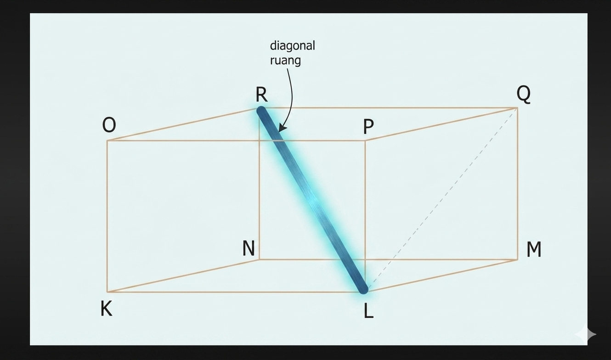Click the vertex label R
pyautogui.click(x=261, y=95)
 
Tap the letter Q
pyautogui.click(x=523, y=94)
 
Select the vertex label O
pyautogui.click(x=109, y=125)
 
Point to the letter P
pyautogui.click(x=368, y=127)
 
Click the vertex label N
pyautogui.click(x=249, y=248)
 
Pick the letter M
pyautogui.click(x=534, y=249)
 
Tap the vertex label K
pyautogui.click(x=106, y=309)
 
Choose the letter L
pyautogui.click(x=368, y=311)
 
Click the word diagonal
pyautogui.click(x=292, y=45)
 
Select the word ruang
pyautogui.click(x=285, y=60)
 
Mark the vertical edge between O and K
pyautogui.click(x=107, y=216)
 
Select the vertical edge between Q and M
pyautogui.click(x=517, y=184)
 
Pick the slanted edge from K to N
pyautogui.click(x=183, y=276)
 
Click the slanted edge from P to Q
pyautogui.click(x=441, y=124)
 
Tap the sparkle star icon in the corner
pyautogui.click(x=586, y=334)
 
